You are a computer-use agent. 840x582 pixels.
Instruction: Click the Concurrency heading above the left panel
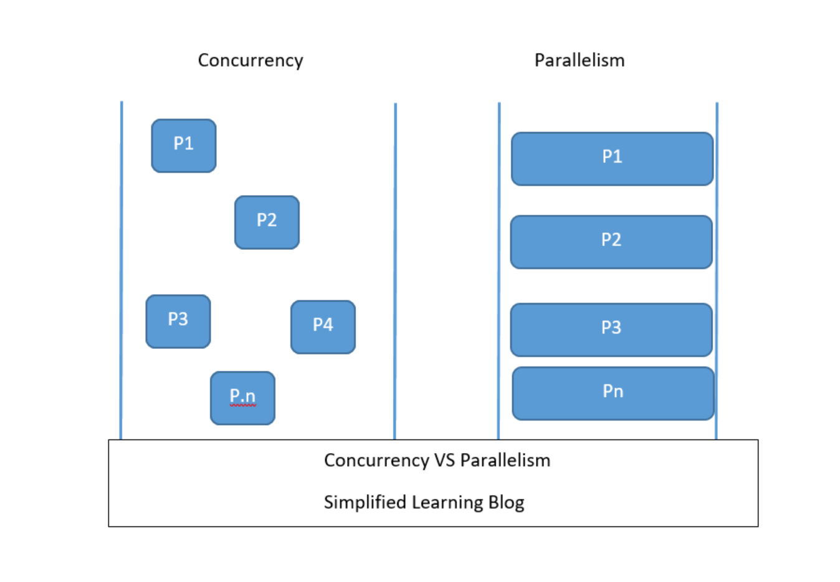pyautogui.click(x=251, y=60)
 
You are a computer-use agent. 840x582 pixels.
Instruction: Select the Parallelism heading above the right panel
pyautogui.click(x=580, y=60)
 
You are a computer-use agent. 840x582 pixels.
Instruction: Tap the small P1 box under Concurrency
pyautogui.click(x=184, y=146)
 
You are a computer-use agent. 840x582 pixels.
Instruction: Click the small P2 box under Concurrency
pyautogui.click(x=267, y=222)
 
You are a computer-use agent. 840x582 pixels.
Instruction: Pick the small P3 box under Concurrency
pyautogui.click(x=178, y=322)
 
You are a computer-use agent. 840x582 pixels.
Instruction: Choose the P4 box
pyautogui.click(x=323, y=327)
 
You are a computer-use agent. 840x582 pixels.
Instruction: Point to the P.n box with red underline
pyautogui.click(x=242, y=398)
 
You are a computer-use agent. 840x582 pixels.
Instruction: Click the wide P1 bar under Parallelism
pyautogui.click(x=612, y=159)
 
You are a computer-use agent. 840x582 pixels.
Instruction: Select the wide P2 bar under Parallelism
pyautogui.click(x=611, y=242)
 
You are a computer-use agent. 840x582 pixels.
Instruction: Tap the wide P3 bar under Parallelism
pyautogui.click(x=611, y=330)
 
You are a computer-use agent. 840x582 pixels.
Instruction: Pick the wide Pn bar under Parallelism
pyautogui.click(x=613, y=393)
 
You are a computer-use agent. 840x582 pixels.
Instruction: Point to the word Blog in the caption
pyautogui.click(x=506, y=502)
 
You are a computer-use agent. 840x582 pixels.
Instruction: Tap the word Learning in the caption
pyautogui.click(x=447, y=502)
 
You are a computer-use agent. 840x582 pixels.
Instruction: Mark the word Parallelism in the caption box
pyautogui.click(x=505, y=460)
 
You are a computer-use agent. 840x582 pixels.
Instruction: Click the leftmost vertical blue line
pyautogui.click(x=121, y=268)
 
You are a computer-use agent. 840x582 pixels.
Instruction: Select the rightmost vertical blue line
pyautogui.click(x=717, y=268)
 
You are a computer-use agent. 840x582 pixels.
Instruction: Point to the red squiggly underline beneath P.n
pyautogui.click(x=242, y=406)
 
